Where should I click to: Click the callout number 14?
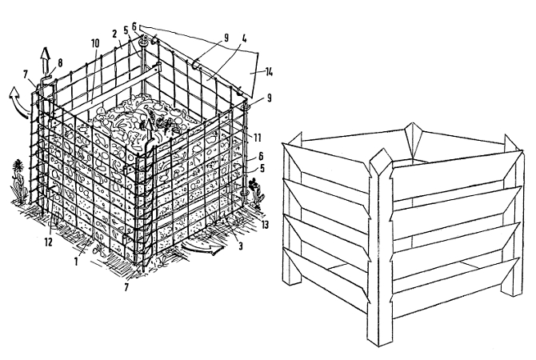point(269,73)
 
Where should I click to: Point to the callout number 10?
point(95,43)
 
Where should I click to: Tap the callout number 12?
point(48,242)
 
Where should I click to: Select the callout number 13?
point(265,224)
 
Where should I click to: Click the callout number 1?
point(76,262)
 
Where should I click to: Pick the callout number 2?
point(114,34)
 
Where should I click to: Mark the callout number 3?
point(241,246)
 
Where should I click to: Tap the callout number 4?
point(243,38)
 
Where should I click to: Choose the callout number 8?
point(60,62)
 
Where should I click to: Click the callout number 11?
point(258,138)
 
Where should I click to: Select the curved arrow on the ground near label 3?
point(202,247)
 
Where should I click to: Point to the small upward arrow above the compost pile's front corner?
point(150,130)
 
